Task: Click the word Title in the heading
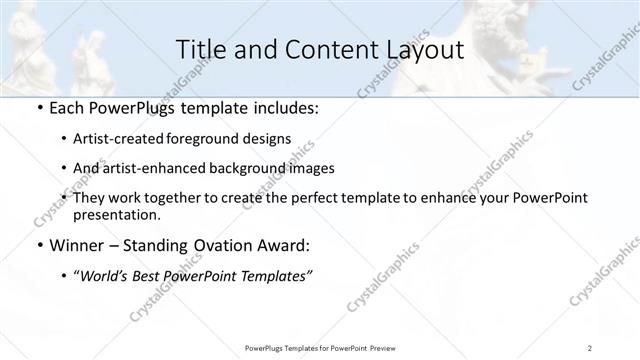coord(199,49)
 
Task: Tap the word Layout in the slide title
coord(421,49)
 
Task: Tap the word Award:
coord(288,246)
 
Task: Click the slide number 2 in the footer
coord(591,347)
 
